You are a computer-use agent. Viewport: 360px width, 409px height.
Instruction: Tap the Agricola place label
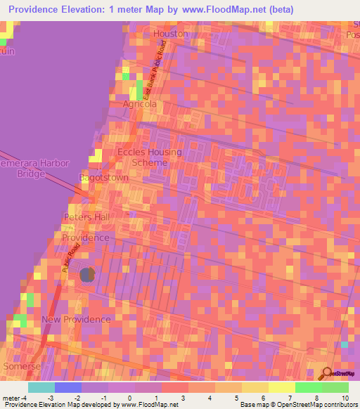coord(140,104)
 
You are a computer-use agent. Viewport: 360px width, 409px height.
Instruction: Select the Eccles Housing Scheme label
coord(149,157)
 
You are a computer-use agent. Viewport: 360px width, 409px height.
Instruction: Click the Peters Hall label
coord(87,217)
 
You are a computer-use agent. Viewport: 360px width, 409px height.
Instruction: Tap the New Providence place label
coord(76,319)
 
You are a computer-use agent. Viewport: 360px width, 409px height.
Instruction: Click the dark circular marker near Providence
coord(87,275)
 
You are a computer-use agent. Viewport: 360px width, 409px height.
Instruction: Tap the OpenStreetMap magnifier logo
coord(328,374)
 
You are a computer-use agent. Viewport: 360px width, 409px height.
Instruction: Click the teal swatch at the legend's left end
coord(41,387)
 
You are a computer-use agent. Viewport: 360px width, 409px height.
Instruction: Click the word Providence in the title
coord(36,10)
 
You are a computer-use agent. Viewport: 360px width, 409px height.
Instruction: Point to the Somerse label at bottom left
coord(22,366)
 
